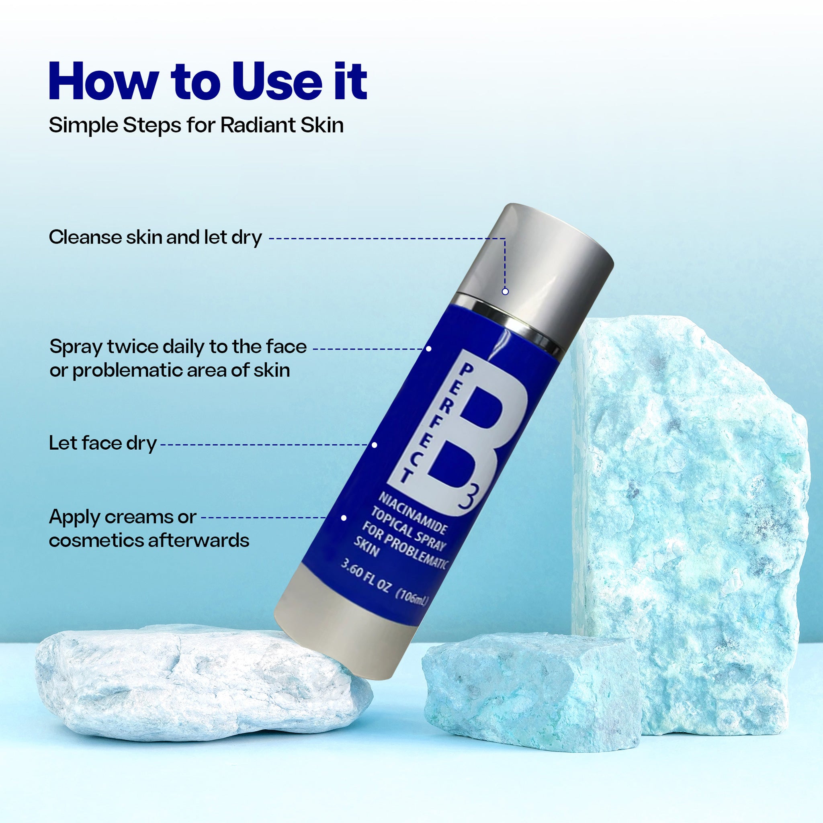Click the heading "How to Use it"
[x=208, y=81]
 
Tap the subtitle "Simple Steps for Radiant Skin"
[x=197, y=125]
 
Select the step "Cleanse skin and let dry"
[x=156, y=237]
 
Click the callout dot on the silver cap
[x=505, y=292]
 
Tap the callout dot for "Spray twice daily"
[x=429, y=348]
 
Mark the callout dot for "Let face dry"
[x=375, y=445]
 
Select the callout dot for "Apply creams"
[x=344, y=518]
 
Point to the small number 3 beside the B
[x=469, y=498]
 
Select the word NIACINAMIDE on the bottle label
[x=413, y=514]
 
